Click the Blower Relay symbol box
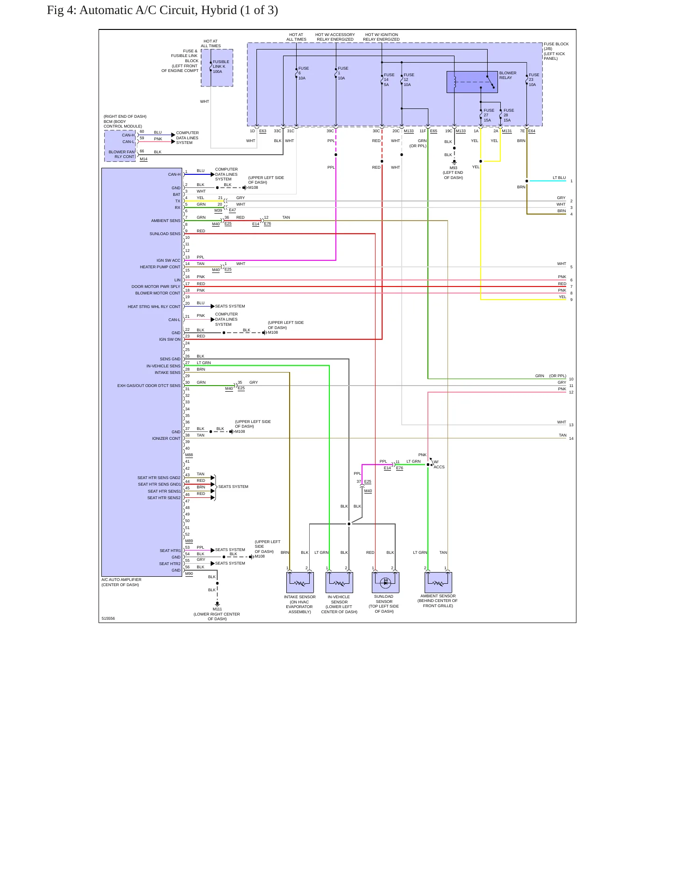pos(472,82)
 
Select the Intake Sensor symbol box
pos(300,582)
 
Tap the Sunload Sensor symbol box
pos(385,582)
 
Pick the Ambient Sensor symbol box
pos(438,582)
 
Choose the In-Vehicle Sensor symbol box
pos(339,582)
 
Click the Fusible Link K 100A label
pos(220,66)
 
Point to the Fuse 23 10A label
pos(534,79)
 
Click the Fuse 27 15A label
pos(489,115)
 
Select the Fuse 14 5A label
pos(389,79)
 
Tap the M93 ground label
pos(454,168)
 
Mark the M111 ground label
pos(217,609)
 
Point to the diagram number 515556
pos(108,618)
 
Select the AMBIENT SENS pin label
pos(165,221)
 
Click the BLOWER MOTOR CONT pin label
pos(157,293)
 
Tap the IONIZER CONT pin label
pos(166,438)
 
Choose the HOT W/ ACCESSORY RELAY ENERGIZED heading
pos(335,37)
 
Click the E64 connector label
pos(532,131)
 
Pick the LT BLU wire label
pos(559,178)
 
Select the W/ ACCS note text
pos(439,464)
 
